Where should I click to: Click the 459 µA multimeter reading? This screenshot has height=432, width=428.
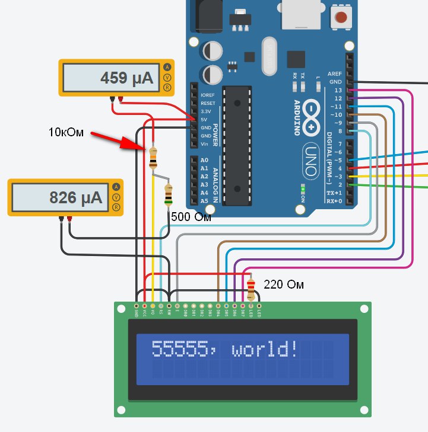pos(126,78)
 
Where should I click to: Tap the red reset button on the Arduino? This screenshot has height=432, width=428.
pos(341,17)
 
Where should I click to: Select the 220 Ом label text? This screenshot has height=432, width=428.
pos(283,285)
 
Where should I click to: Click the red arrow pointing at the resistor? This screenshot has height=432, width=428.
pos(116,140)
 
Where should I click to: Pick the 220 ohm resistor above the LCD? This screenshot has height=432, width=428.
pos(251,289)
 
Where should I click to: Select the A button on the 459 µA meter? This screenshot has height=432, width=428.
pos(167,67)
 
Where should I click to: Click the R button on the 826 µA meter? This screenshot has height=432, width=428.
pos(116,207)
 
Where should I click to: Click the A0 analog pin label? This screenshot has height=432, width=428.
pos(204,161)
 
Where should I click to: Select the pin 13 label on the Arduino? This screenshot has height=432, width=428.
pos(338,89)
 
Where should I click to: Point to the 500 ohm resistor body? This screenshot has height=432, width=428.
pos(169,194)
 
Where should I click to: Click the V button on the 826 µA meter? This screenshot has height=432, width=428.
pos(116,197)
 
